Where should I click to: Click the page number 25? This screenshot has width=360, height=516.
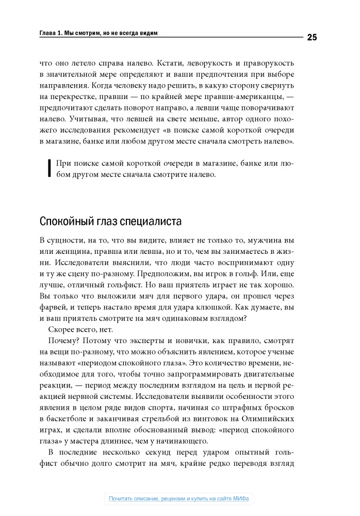click(312, 37)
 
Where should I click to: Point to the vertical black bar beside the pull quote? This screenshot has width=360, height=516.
click(49, 169)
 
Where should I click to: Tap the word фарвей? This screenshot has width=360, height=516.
click(53, 307)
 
